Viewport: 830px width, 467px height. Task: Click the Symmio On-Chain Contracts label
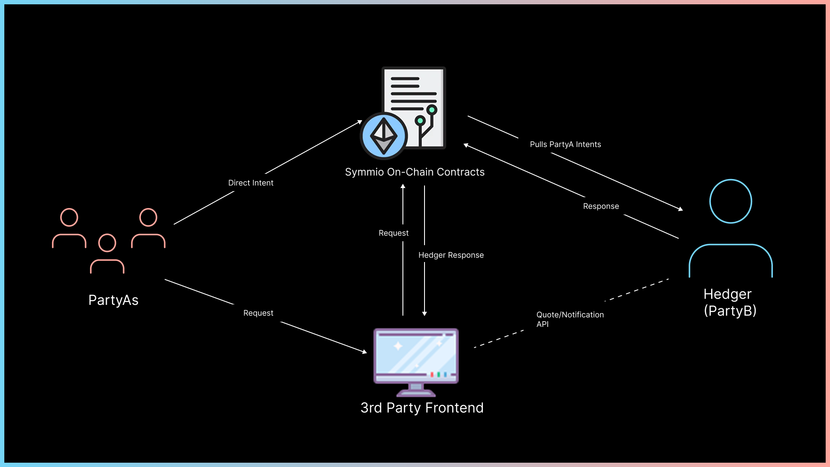(x=415, y=172)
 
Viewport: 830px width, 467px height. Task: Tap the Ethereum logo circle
(x=383, y=136)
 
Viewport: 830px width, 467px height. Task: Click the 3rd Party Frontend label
(x=422, y=408)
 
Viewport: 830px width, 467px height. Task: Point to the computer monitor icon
(x=416, y=361)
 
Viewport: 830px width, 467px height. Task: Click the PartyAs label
(x=113, y=300)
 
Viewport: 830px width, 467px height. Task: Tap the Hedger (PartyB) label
(x=730, y=302)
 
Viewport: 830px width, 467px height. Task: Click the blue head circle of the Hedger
(x=731, y=202)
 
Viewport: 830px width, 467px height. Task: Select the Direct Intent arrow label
(x=251, y=183)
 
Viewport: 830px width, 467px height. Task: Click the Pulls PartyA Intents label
(x=565, y=144)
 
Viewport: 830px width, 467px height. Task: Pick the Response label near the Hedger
(x=601, y=206)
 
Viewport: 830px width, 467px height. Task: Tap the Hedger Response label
(x=451, y=255)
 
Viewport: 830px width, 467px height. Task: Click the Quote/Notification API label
(x=570, y=319)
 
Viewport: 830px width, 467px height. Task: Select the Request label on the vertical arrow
(x=393, y=233)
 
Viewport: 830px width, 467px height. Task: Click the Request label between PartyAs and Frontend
(x=258, y=313)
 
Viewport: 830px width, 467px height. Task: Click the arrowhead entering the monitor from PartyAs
(x=364, y=352)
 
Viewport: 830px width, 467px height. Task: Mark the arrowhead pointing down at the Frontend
(x=425, y=313)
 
